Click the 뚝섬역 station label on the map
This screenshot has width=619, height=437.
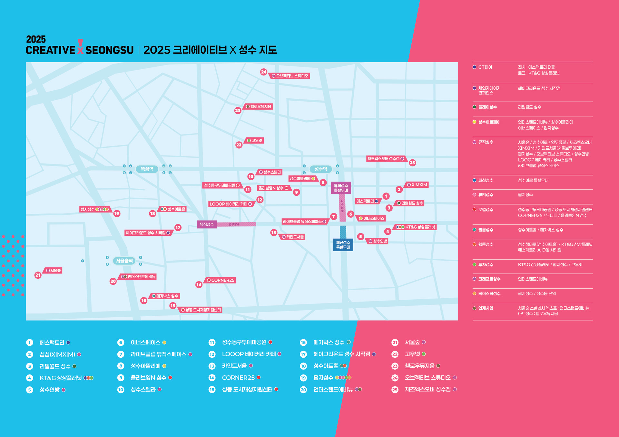pos(147,169)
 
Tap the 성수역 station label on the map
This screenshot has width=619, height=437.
pos(320,169)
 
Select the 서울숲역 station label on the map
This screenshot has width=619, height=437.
pos(124,261)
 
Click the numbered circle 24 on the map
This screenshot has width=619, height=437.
pos(264,72)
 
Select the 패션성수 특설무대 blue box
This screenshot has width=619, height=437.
pos(343,245)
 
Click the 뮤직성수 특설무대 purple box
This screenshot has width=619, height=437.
pos(341,188)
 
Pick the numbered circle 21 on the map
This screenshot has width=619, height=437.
pos(38,275)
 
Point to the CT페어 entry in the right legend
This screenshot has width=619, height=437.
pos(485,67)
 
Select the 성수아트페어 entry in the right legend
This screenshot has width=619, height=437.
pos(489,122)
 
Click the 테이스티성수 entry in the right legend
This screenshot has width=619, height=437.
pos(489,293)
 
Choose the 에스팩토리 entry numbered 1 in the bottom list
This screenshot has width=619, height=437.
pos(52,343)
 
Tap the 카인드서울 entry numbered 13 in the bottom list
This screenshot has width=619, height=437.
pos(234,366)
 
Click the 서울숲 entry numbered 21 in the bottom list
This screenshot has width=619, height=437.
pos(412,342)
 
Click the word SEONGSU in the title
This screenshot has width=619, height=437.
pos(109,50)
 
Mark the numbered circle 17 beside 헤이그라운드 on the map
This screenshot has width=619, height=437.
pos(178,228)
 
